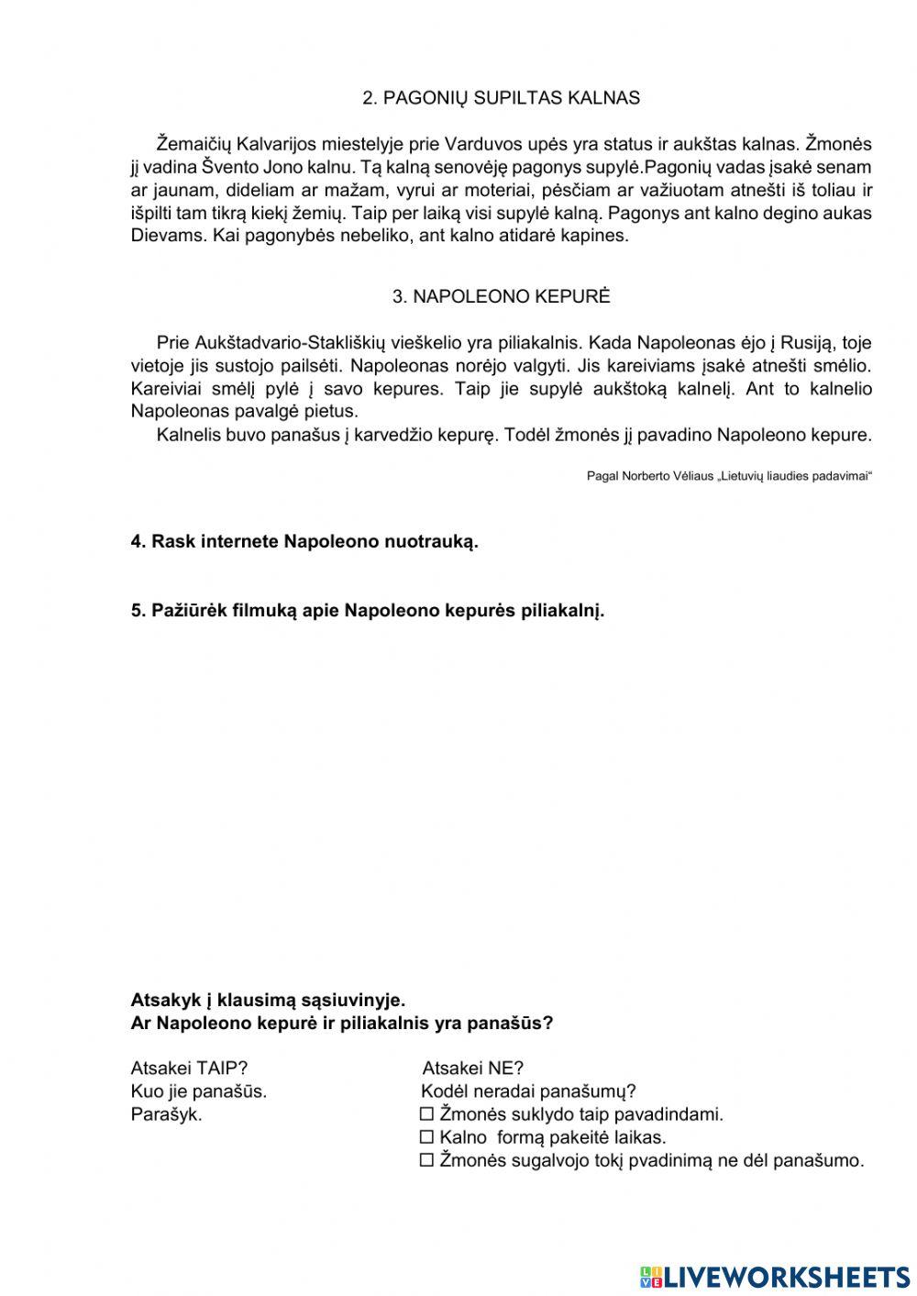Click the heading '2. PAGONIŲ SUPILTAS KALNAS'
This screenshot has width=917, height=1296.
click(x=501, y=98)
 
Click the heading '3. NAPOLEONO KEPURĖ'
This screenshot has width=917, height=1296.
click(x=501, y=296)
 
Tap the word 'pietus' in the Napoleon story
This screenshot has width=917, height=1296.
click(x=332, y=412)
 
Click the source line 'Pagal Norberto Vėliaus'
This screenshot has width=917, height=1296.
click(x=728, y=476)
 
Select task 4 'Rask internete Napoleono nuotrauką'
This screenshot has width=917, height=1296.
click(x=304, y=542)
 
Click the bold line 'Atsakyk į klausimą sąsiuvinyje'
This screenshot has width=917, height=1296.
click(x=268, y=1001)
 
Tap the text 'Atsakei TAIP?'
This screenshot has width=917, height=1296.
click(x=190, y=1069)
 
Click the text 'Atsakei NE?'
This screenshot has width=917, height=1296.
click(x=472, y=1069)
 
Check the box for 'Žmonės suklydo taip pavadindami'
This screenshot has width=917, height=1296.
click(x=425, y=1115)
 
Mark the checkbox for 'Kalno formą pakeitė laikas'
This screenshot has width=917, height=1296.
click(x=425, y=1138)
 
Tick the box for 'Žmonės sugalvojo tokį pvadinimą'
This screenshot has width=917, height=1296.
click(x=425, y=1161)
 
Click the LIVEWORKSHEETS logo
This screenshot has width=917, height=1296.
click(x=775, y=1276)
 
